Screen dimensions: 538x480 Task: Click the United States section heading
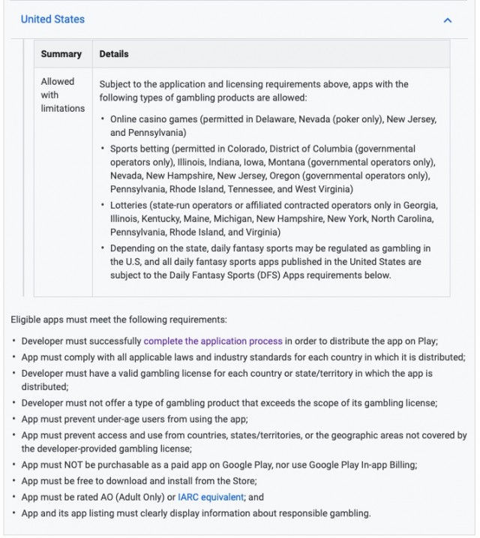52,20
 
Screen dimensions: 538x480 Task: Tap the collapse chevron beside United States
448,20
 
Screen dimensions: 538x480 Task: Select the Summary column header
61,54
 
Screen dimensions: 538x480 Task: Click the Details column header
114,54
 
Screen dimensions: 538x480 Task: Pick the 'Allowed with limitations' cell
63,95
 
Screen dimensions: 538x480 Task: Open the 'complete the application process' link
213,341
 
